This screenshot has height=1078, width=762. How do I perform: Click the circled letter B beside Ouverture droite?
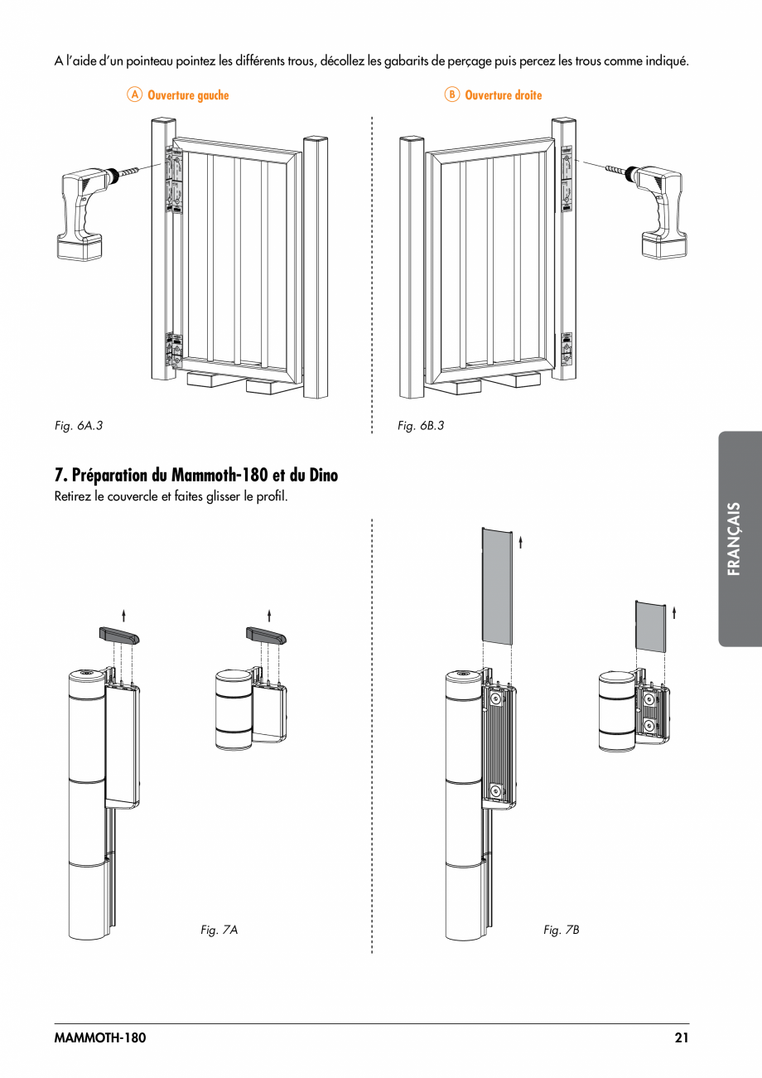(451, 94)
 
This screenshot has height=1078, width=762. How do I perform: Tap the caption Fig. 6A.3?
(78, 425)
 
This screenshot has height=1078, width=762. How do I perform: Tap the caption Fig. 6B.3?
(421, 425)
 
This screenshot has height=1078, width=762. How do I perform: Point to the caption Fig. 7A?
(219, 930)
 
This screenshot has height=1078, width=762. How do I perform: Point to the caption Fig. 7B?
(562, 930)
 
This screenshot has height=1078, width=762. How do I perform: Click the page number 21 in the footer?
(681, 1038)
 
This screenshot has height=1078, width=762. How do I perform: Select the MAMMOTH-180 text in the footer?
(99, 1038)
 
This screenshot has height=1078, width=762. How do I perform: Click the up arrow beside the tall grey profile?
(520, 544)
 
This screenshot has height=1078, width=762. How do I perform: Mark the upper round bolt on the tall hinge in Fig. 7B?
(495, 699)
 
